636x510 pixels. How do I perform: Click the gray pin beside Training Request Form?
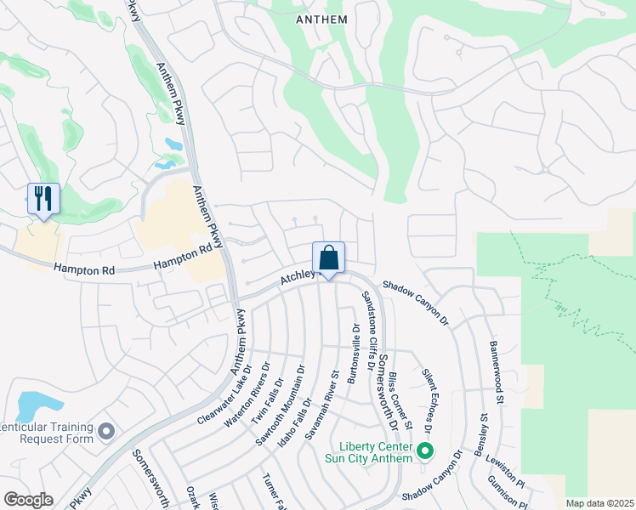(x=106, y=432)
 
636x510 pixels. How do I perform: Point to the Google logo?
(x=28, y=500)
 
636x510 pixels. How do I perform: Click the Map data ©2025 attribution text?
(x=599, y=503)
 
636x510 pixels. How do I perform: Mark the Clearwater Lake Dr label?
(x=224, y=396)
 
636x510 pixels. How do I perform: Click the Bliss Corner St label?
(x=400, y=399)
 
